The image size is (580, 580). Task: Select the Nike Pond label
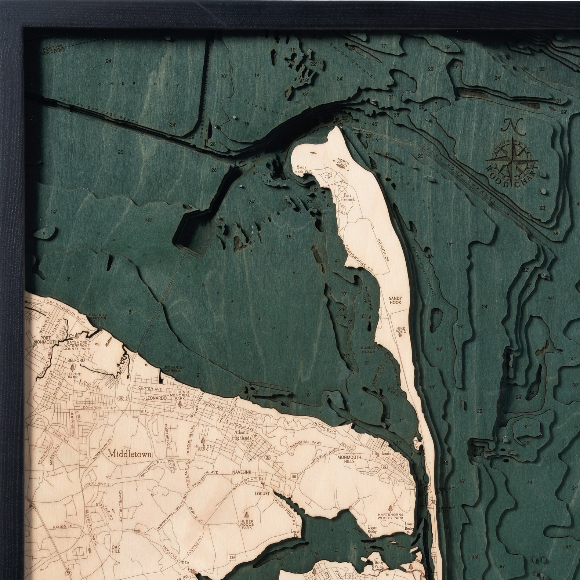[x=401, y=329]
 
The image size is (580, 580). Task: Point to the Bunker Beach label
[x=368, y=349]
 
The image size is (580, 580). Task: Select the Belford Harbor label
[x=97, y=317]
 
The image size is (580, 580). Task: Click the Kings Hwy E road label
[x=97, y=484]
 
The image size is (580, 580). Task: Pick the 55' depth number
[x=344, y=118]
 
